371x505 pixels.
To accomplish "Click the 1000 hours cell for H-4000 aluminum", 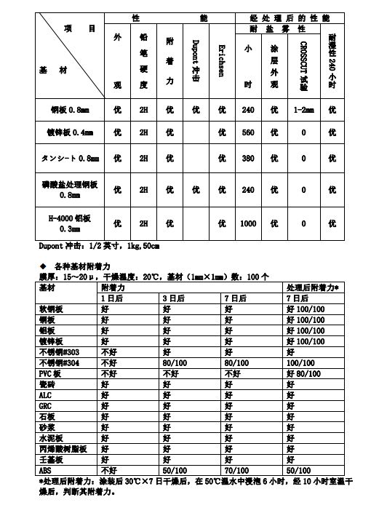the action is tap(248, 223).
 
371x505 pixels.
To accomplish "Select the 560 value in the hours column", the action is tap(248, 133).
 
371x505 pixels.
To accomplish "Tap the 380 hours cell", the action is tap(248, 158).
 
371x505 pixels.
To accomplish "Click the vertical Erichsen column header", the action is tap(222, 57).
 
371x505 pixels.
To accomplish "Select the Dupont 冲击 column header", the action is tap(196, 57).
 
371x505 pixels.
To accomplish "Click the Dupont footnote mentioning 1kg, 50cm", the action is tap(99, 245).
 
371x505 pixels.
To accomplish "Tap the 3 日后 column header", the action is tap(174, 298).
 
